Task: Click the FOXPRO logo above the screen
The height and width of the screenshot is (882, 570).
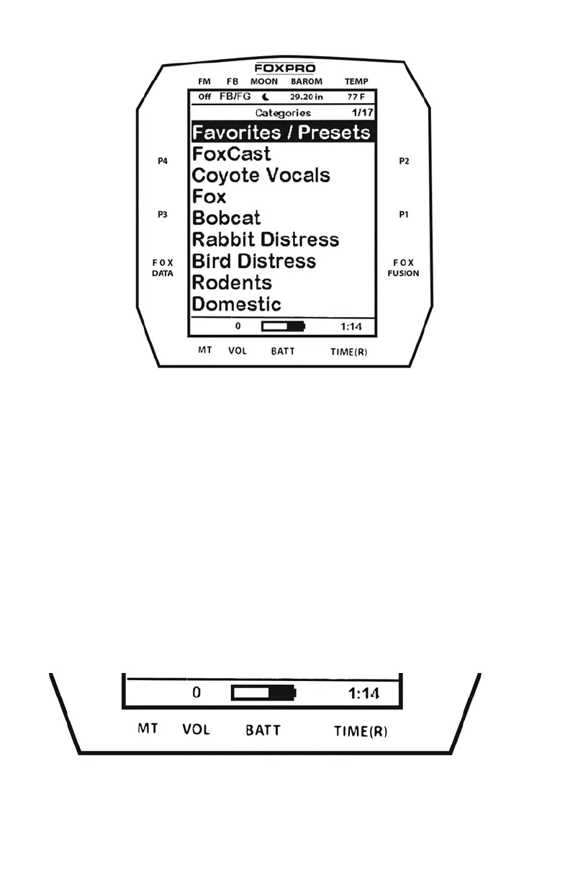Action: click(x=285, y=68)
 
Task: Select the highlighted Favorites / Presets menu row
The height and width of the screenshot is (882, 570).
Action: click(x=281, y=132)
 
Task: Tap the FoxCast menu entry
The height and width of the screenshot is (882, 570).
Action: click(x=232, y=153)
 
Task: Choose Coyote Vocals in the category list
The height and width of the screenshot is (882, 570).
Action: click(x=261, y=175)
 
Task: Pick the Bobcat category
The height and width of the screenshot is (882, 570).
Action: click(x=227, y=218)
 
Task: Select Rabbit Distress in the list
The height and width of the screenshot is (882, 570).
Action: click(x=266, y=239)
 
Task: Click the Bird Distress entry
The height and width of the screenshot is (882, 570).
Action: click(x=254, y=261)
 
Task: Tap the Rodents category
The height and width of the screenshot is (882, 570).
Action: click(x=232, y=282)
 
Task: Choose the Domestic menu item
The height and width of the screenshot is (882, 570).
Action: click(x=236, y=304)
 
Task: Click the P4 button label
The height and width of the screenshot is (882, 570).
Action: click(x=163, y=161)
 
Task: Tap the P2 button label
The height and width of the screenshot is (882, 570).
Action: click(x=404, y=161)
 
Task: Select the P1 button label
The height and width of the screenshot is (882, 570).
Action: click(x=404, y=215)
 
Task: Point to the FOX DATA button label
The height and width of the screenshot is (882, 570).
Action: click(x=163, y=268)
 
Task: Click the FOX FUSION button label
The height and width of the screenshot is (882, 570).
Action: click(x=403, y=268)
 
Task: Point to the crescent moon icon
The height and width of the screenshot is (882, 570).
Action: click(x=266, y=97)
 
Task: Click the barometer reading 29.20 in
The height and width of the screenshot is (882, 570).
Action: click(x=307, y=97)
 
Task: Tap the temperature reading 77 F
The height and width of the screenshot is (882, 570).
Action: click(x=356, y=97)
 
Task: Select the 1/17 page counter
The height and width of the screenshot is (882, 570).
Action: click(x=362, y=113)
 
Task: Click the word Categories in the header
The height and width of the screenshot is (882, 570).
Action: click(x=284, y=113)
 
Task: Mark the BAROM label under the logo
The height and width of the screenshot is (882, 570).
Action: click(x=307, y=82)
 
